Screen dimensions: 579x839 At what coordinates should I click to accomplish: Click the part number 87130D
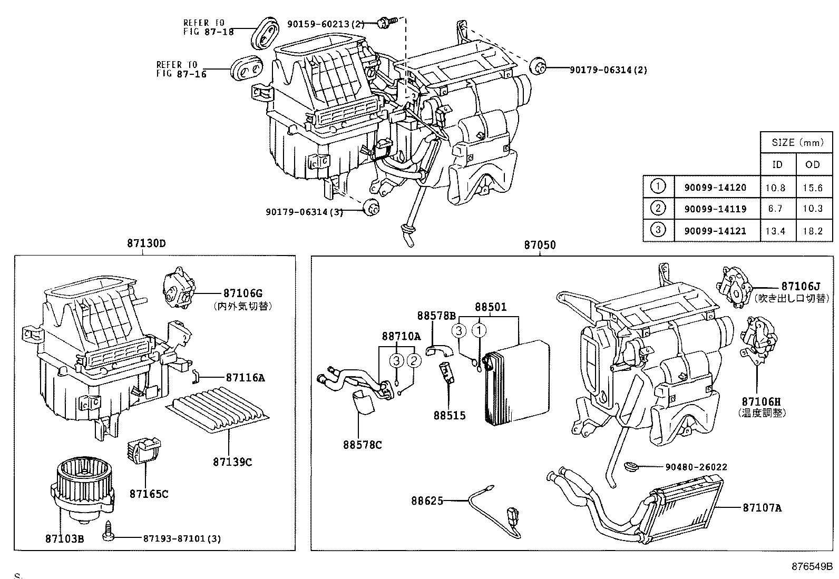pos(146,244)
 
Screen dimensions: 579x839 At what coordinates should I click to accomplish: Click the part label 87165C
pos(149,494)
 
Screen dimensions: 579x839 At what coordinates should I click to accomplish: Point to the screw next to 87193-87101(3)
pos(110,530)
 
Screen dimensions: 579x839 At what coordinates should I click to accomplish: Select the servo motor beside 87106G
pos(178,288)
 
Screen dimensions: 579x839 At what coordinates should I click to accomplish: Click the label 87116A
pos(245,377)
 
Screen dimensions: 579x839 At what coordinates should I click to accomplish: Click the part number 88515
pos(450,415)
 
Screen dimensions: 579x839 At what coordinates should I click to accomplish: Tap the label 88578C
pos(362,445)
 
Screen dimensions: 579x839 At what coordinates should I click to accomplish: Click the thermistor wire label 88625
pos(427,500)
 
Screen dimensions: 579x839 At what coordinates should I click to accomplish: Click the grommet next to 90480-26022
pos(630,466)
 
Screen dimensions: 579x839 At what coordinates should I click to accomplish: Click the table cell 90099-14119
pos(715,209)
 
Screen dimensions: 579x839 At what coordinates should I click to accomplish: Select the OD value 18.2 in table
pos(813,230)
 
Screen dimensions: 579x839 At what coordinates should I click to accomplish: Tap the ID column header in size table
pos(777,164)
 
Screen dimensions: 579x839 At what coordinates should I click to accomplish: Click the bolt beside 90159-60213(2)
pos(384,22)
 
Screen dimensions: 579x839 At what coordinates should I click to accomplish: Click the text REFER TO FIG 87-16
pos(181,70)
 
